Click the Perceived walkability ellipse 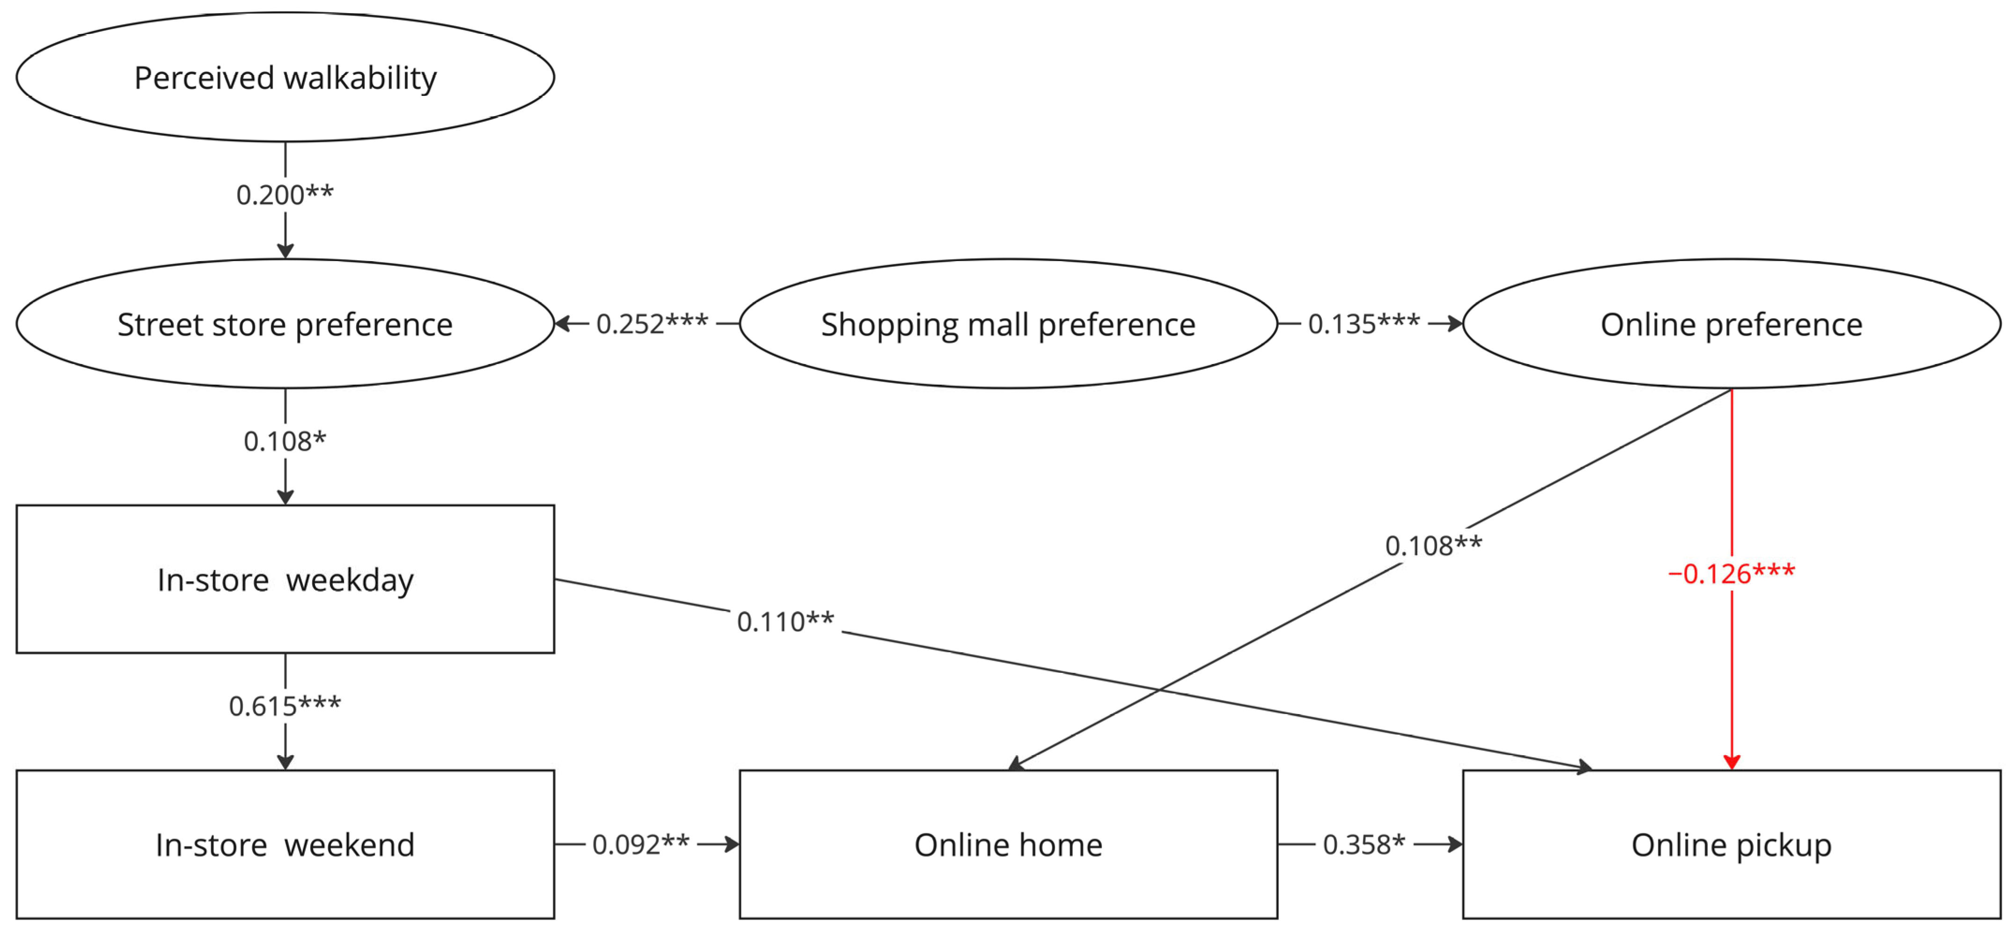[285, 77]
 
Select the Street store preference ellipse [285, 324]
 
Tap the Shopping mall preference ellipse [1008, 324]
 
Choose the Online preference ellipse [1731, 324]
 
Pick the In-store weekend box [285, 844]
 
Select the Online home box [1008, 844]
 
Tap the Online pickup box [1731, 844]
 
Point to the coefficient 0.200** [285, 195]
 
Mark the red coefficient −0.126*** [1731, 573]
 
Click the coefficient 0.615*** [285, 706]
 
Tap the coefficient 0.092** [640, 844]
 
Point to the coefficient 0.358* [1364, 844]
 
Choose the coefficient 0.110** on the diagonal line [785, 622]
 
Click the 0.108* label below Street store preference [285, 441]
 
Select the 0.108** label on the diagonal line [1433, 545]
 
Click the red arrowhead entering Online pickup [1731, 762]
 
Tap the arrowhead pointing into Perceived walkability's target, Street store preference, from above [285, 250]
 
